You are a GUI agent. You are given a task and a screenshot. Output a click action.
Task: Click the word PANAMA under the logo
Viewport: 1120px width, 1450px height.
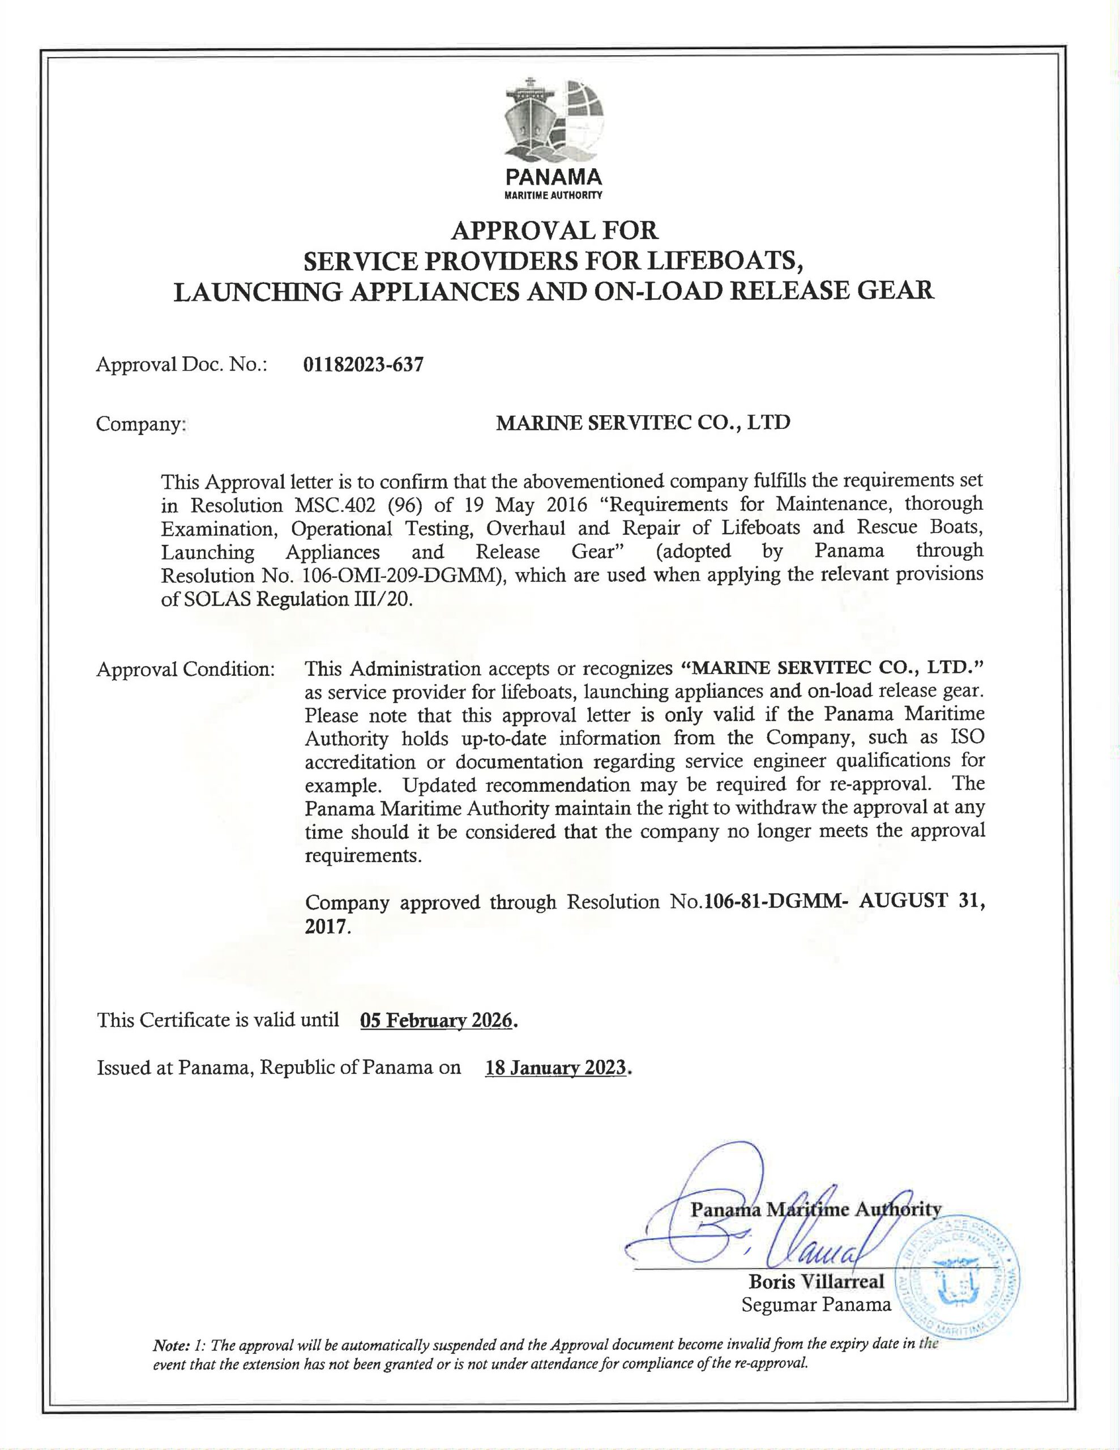point(554,177)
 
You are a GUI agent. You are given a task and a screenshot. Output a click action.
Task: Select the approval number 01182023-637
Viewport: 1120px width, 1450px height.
point(362,365)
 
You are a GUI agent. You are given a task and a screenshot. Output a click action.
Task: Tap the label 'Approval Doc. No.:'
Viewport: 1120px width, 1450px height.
point(181,365)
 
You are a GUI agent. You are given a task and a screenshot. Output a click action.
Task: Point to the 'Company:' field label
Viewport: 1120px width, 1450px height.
point(140,424)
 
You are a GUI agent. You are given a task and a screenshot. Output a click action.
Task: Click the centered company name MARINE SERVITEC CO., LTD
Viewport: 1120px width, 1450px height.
point(643,422)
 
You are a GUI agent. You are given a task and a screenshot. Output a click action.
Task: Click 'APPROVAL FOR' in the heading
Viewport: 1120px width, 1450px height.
point(554,231)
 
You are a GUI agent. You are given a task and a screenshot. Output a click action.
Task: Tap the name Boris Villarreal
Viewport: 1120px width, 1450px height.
point(817,1281)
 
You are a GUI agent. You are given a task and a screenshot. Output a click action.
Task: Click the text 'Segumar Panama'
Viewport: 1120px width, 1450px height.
point(816,1304)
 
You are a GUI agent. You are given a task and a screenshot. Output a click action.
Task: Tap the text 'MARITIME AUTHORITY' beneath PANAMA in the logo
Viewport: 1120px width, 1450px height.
point(554,196)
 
